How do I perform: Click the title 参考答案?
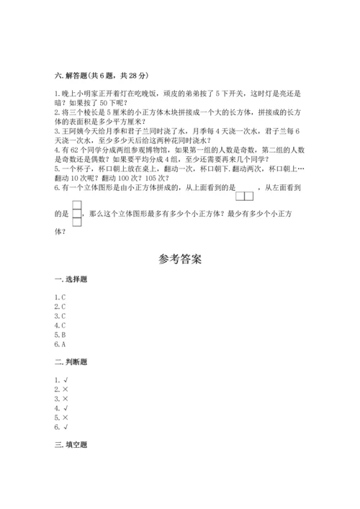[x=179, y=258]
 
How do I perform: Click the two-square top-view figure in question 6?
[x=246, y=195]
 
